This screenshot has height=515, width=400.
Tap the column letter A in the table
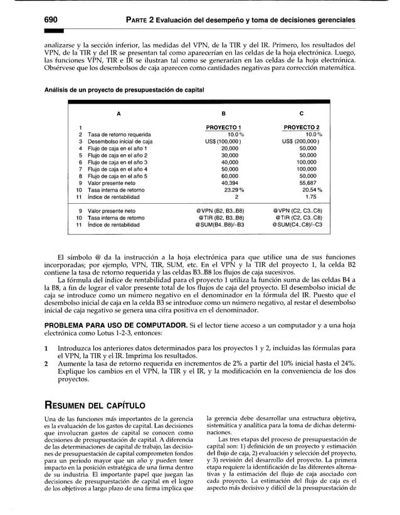118,114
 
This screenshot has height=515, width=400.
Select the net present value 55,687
307,183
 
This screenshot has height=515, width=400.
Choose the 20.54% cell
307,189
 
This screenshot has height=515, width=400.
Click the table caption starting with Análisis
124,90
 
